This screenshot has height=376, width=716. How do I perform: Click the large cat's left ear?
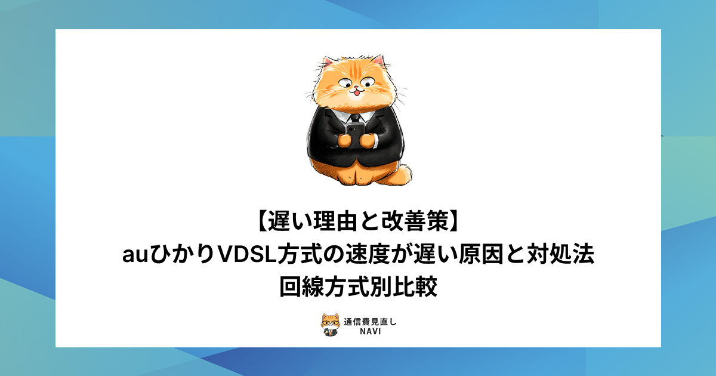coord(328,64)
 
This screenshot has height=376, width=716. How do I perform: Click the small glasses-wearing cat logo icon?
coord(330,325)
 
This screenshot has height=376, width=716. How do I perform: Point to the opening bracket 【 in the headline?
coord(261,222)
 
